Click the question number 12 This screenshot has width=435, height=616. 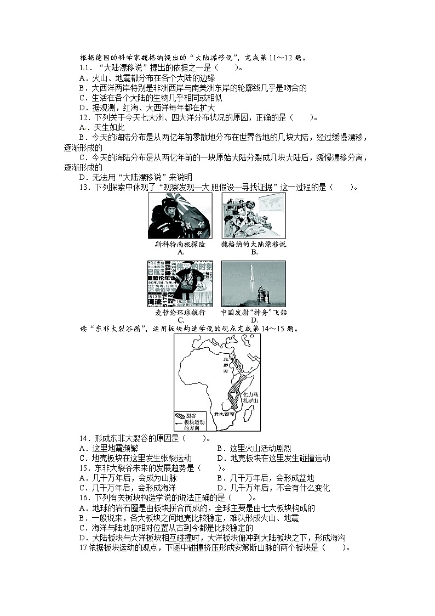pyautogui.click(x=84, y=117)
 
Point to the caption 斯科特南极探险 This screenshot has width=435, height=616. pyautogui.click(x=180, y=244)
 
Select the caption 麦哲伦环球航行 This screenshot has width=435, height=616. pyautogui.click(x=180, y=312)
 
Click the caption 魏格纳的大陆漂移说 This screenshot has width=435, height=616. pyautogui.click(x=254, y=244)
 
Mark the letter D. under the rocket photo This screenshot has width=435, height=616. pyautogui.click(x=254, y=320)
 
